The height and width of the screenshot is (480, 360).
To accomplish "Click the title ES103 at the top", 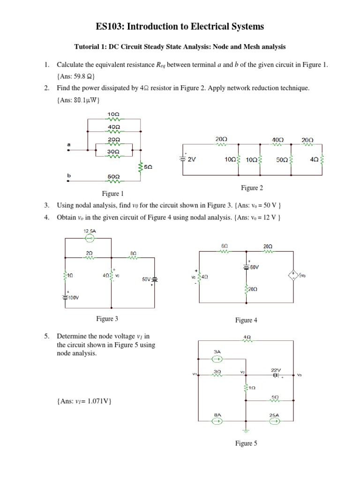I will pyautogui.click(x=180, y=27).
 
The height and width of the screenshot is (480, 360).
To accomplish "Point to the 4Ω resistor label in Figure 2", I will pyautogui.click(x=314, y=159).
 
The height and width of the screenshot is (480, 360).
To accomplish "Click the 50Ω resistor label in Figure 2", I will pyautogui.click(x=282, y=159).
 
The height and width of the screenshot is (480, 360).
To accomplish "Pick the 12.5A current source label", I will pyautogui.click(x=90, y=231).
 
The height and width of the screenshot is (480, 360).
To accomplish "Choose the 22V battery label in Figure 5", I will pyautogui.click(x=276, y=369).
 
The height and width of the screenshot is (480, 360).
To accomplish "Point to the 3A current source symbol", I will pyautogui.click(x=217, y=360).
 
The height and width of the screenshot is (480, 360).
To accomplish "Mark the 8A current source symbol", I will pyautogui.click(x=217, y=421).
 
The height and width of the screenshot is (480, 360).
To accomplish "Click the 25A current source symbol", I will pyautogui.click(x=275, y=421).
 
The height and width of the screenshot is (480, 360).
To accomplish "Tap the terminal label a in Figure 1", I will pyautogui.click(x=68, y=145).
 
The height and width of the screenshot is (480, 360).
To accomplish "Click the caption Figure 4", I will pyautogui.click(x=244, y=320).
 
